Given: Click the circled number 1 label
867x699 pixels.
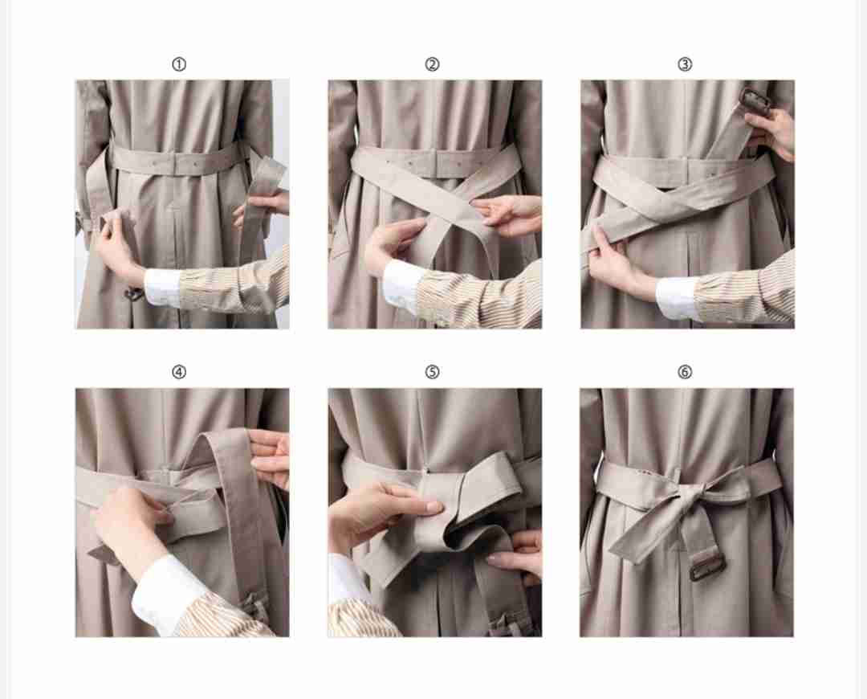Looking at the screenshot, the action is (178, 65).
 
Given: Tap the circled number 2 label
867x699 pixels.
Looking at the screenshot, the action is (432, 65).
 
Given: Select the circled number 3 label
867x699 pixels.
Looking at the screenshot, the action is (685, 65).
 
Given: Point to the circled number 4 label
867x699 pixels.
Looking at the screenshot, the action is (178, 372).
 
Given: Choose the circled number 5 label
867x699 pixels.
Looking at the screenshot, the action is (432, 372).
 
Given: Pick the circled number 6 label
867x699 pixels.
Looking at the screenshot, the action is (685, 372).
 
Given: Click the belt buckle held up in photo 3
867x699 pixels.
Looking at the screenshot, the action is (752, 100).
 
